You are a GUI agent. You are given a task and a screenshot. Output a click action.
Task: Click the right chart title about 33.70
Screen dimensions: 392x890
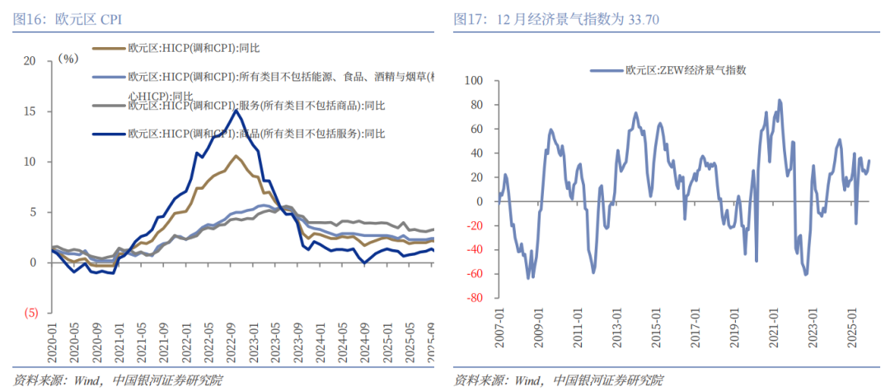tap(556, 18)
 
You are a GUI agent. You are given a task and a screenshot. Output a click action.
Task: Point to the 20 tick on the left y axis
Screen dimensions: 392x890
tap(30, 60)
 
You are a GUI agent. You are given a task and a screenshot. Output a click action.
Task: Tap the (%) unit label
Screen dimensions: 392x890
tap(68, 59)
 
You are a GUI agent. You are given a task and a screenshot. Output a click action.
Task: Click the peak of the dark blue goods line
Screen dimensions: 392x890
tap(237, 110)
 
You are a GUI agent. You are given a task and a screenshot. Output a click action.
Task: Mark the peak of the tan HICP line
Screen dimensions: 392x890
tap(236, 155)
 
